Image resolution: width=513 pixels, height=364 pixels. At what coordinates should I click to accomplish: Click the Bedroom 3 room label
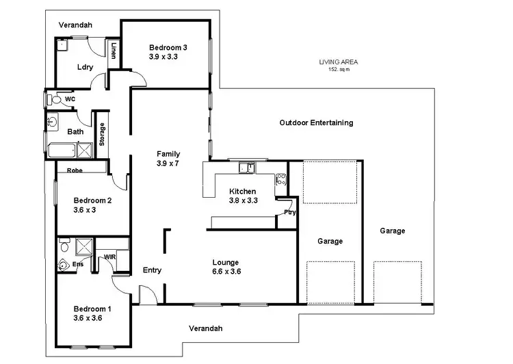168,47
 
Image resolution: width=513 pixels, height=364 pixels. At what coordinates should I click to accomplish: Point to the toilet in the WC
54,100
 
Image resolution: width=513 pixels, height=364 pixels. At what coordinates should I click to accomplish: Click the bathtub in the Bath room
62,150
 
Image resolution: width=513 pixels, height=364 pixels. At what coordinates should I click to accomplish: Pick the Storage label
103,134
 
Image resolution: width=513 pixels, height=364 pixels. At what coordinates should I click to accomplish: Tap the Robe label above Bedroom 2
75,170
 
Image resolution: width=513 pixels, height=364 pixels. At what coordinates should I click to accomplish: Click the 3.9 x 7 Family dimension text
168,164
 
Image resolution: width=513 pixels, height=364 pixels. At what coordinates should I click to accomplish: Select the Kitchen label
243,191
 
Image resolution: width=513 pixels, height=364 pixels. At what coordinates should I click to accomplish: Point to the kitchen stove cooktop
280,181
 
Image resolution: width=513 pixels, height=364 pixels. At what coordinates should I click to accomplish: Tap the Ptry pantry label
290,213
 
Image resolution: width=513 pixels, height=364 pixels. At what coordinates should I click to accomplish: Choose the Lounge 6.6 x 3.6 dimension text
226,272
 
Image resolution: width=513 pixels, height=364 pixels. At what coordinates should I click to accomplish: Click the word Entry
152,270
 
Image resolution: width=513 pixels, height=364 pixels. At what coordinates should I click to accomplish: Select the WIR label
109,257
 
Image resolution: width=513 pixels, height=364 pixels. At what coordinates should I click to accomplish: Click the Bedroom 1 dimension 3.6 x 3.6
87,318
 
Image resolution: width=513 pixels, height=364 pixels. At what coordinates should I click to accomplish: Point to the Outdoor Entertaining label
316,123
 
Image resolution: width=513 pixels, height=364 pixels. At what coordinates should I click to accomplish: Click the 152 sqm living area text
339,69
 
